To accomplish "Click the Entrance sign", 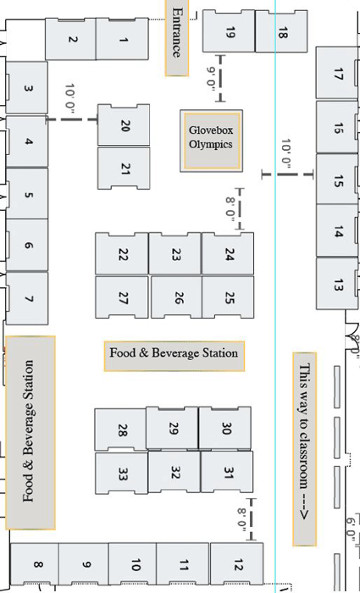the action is [176, 38].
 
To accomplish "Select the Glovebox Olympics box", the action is [212, 141].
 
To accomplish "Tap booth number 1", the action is [122, 39].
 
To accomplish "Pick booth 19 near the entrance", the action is [229, 31].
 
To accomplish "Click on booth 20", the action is [124, 125].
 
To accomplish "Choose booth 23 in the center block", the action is [174, 253].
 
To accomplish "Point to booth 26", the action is [176, 297].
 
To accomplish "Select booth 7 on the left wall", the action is [27, 298].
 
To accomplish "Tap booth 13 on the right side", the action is [337, 284].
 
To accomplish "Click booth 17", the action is [337, 73].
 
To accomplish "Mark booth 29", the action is [172, 428].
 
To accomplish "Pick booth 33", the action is [121, 474].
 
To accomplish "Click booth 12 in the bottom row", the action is [236, 564].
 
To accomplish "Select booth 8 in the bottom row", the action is [35, 565].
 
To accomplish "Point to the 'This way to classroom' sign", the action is [304, 449].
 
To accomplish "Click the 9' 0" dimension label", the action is [211, 78].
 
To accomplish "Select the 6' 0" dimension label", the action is [350, 529].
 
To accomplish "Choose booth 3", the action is [27, 87].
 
